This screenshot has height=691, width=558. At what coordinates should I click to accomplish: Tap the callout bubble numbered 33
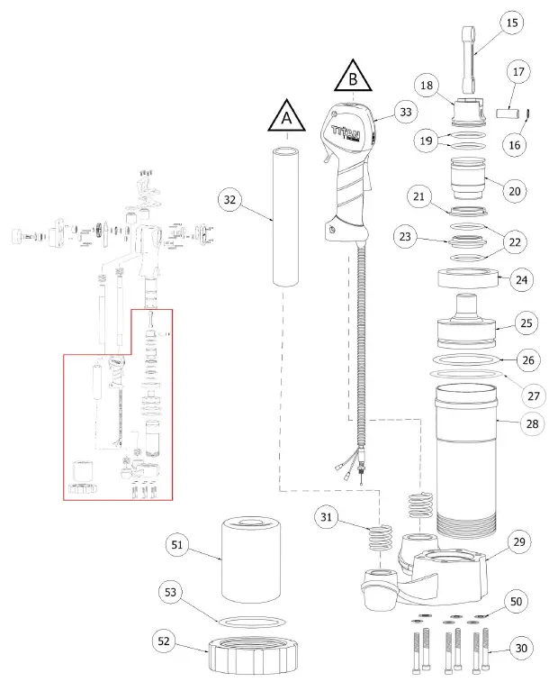pos(408,114)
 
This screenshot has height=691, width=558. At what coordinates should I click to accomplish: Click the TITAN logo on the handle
pos(346,132)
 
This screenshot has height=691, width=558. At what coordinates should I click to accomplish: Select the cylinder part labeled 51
pos(253,558)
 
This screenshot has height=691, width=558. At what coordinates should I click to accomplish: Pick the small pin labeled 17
pos(509,115)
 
